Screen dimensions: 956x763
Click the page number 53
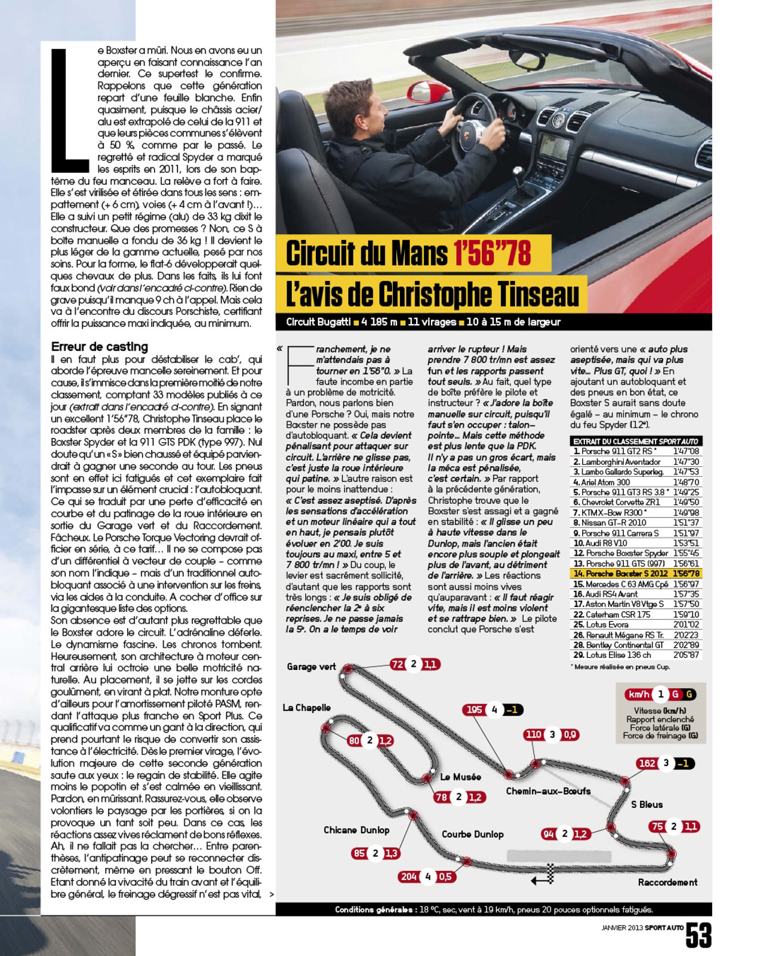click(699, 935)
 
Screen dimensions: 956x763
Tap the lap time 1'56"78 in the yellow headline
click(492, 253)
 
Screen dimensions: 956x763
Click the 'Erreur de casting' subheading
click(99, 347)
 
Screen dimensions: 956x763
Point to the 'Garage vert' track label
click(311, 667)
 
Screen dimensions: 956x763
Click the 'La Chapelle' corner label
click(306, 708)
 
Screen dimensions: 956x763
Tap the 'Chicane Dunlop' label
click(356, 830)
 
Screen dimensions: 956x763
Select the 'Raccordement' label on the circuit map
click(667, 883)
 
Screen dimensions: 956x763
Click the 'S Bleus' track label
click(647, 805)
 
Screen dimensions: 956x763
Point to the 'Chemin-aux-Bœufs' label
click(548, 791)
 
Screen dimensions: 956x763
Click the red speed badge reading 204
click(409, 877)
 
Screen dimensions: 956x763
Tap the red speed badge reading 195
click(475, 710)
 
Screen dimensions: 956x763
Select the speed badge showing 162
click(647, 764)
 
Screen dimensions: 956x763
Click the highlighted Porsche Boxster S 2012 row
click(635, 574)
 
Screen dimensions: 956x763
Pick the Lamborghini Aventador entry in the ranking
click(621, 462)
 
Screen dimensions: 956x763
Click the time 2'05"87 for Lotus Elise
click(686, 655)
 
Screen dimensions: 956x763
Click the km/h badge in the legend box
click(638, 694)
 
